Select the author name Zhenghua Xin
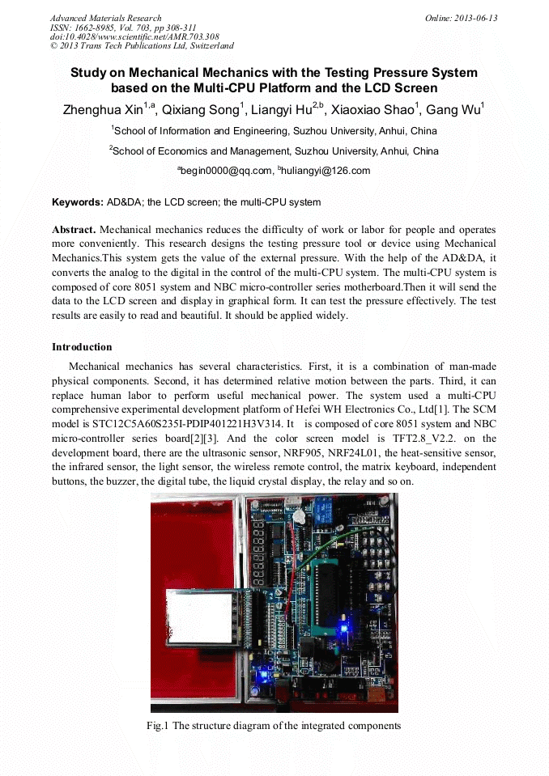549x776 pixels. point(104,110)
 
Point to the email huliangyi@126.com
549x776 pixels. point(326,171)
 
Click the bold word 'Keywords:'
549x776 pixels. point(78,202)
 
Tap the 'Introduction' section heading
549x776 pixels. point(82,347)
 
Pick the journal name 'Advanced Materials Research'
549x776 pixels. point(105,18)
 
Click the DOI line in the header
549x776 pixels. point(134,36)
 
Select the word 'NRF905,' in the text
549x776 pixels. point(296,453)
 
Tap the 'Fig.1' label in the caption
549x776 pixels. point(157,726)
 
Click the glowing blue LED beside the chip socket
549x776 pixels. point(345,626)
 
